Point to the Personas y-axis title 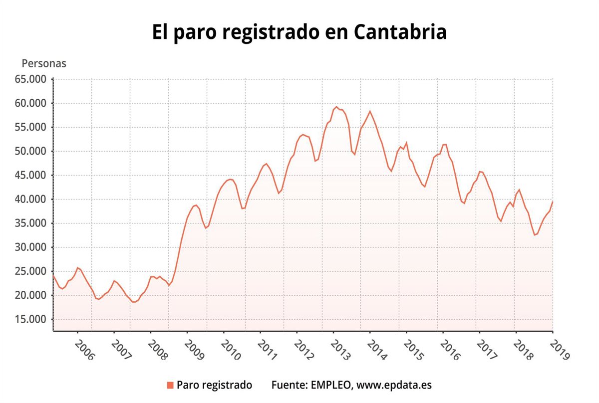(44, 64)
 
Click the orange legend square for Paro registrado (170, 385)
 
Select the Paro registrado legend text (214, 385)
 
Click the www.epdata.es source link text (394, 385)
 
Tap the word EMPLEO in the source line (332, 385)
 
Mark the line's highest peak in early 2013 (336, 107)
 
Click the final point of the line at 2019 (553, 201)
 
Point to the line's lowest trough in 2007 (134, 302)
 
